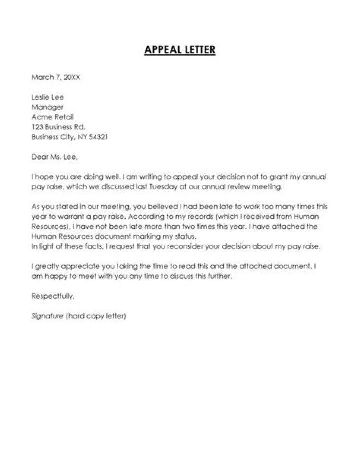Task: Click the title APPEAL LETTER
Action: [x=180, y=50]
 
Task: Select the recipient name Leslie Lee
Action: [x=48, y=97]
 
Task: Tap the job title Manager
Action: [x=47, y=107]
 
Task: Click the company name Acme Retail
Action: [x=52, y=117]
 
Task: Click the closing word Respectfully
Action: [x=53, y=296]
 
